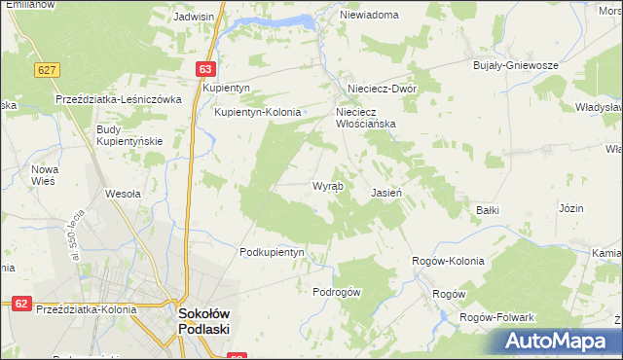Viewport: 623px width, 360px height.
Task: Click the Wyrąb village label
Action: pyautogui.click(x=327, y=186)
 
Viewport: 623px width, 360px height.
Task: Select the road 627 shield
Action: pyautogui.click(x=46, y=70)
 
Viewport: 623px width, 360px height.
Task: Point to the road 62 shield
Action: pyautogui.click(x=20, y=304)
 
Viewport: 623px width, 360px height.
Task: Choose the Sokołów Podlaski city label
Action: pyautogui.click(x=203, y=321)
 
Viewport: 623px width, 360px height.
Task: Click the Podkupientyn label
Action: pyautogui.click(x=273, y=251)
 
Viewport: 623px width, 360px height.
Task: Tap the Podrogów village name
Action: pyautogui.click(x=337, y=292)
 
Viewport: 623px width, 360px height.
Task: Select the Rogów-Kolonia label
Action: pyautogui.click(x=448, y=261)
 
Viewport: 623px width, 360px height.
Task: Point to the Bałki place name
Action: pyautogui.click(x=488, y=209)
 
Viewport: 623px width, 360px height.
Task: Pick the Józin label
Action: pyautogui.click(x=571, y=208)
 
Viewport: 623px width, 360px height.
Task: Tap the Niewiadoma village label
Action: pyautogui.click(x=369, y=16)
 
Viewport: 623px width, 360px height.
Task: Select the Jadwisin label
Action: pyautogui.click(x=193, y=17)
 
